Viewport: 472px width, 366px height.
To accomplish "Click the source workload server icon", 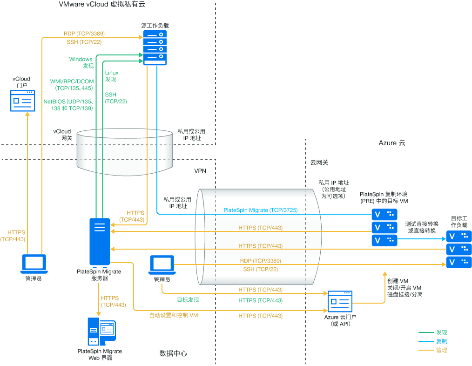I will [x=154, y=48].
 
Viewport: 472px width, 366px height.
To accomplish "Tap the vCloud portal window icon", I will [x=22, y=101].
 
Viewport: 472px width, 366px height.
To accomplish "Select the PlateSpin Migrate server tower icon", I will [x=100, y=242].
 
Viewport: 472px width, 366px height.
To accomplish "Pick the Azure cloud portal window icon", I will [x=340, y=301].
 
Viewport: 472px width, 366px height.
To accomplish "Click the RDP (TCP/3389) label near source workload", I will [x=84, y=34].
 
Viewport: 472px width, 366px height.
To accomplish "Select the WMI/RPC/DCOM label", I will [x=72, y=81].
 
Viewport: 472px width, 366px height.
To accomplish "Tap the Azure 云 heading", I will [x=392, y=143].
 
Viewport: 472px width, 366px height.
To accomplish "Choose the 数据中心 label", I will [x=173, y=353].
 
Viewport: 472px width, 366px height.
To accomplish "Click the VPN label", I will [x=200, y=171].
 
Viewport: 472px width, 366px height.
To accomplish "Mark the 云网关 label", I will [x=319, y=163].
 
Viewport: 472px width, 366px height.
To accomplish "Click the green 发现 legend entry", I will [x=441, y=332].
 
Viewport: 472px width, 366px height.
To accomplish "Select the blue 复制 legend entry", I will [x=441, y=341].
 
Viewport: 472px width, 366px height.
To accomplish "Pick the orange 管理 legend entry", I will [x=441, y=350].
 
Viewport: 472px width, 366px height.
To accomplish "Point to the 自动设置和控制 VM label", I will [x=174, y=315].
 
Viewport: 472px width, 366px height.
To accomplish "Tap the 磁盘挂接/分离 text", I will [x=405, y=295].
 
